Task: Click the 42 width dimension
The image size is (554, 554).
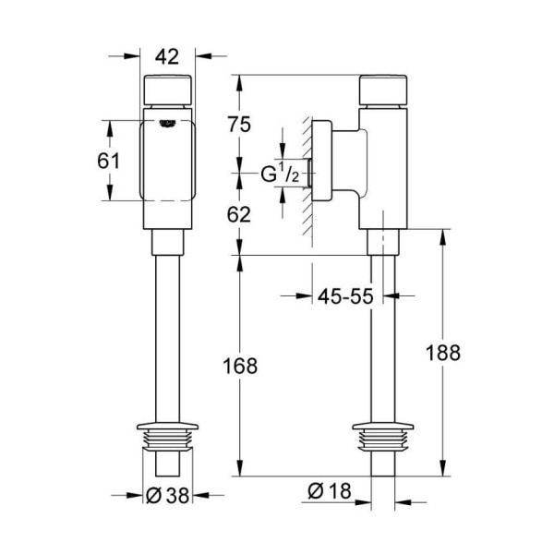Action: pos(167,56)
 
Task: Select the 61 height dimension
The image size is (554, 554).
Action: pos(108,161)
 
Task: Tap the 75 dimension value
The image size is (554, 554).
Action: pos(239,125)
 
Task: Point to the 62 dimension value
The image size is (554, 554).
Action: pos(239,214)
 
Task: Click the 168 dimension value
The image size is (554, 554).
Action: pos(240,366)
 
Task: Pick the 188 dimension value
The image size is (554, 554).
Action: pos(443,353)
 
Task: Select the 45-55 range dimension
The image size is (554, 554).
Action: pos(345,296)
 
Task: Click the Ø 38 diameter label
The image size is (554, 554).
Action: pos(167,495)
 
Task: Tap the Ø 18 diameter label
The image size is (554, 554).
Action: pos(330,491)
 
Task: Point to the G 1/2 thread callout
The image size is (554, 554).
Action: pos(280,174)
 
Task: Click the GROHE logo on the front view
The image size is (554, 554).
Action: pos(167,124)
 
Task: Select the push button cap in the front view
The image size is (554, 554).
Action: pos(167,90)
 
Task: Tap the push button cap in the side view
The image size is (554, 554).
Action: pos(383,90)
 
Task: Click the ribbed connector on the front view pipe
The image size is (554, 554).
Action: pos(167,437)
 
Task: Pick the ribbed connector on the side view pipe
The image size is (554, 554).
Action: pos(383,437)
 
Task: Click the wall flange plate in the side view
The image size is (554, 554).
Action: pos(322,161)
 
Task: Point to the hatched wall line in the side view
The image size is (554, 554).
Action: pos(307,180)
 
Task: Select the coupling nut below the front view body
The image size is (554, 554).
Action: pos(167,242)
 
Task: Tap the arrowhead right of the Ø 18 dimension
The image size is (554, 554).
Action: pos(403,501)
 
